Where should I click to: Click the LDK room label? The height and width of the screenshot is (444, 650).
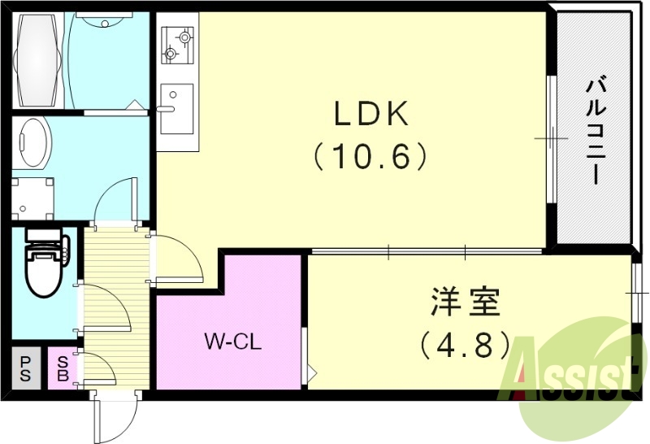click(x=370, y=115)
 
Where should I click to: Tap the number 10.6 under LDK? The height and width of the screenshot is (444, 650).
click(x=370, y=155)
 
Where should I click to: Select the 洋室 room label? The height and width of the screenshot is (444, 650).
click(x=466, y=303)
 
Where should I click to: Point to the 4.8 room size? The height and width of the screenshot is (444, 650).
click(x=465, y=345)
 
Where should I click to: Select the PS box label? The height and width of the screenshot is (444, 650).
click(x=26, y=368)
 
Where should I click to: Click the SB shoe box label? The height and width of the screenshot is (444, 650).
click(x=62, y=368)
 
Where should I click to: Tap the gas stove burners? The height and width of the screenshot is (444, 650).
click(x=177, y=45)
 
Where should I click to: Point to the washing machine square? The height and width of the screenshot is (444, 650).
click(x=32, y=197)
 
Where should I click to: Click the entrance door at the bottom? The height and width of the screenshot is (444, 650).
click(x=112, y=416)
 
